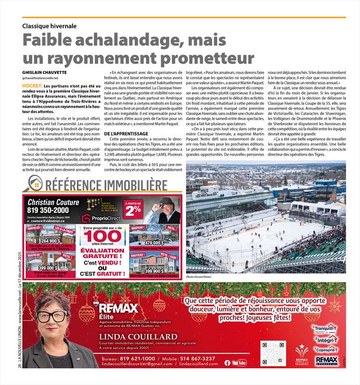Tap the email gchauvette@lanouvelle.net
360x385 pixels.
tap(40, 78)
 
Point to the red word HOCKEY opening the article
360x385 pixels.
tap(31, 86)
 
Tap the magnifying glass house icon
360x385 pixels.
tap(34, 185)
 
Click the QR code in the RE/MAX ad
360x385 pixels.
tap(272, 353)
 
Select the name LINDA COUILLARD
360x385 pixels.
tap(138, 337)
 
